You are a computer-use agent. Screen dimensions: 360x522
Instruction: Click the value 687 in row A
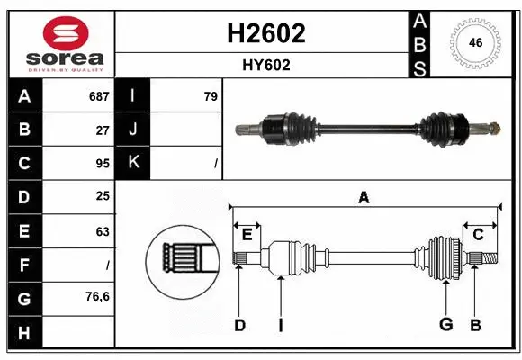coord(99,96)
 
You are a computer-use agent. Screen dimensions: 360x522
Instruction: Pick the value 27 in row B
coord(103,130)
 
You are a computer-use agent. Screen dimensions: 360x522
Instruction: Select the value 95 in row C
coord(103,164)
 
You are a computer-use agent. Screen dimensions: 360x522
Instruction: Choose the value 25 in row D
coord(103,197)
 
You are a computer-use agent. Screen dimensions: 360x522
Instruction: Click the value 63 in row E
coord(103,231)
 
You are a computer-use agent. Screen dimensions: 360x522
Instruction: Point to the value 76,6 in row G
coord(97,296)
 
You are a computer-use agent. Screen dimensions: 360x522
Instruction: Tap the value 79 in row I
coord(211,96)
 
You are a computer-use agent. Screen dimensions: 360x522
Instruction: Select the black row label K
coord(133,164)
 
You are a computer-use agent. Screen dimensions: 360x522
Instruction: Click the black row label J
coord(133,130)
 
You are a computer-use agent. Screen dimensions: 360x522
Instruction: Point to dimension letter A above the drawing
coord(364,197)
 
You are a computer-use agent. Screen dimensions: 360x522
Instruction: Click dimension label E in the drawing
coord(247,235)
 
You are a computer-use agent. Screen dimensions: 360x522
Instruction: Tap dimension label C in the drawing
coord(478,235)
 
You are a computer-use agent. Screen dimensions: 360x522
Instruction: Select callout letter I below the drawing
coord(280,326)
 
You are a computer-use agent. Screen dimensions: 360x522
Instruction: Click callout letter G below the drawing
coord(445,325)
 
